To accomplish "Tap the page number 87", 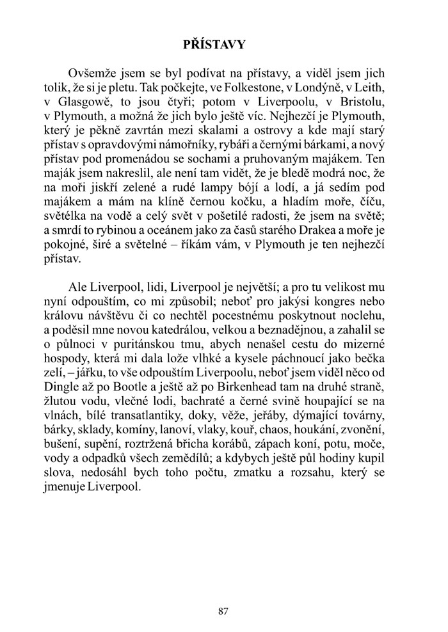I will (223, 611).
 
